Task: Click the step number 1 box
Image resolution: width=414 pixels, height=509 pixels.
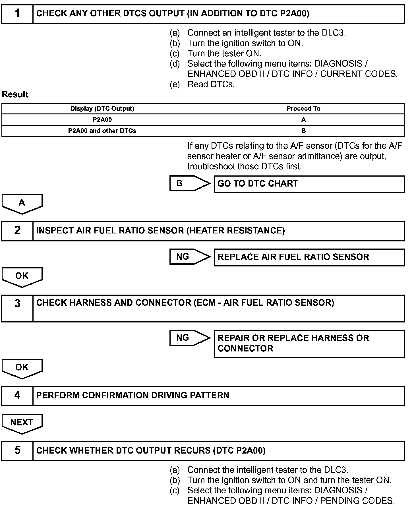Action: pos(17,14)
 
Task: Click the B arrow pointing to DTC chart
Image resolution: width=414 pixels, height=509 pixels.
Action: pos(189,183)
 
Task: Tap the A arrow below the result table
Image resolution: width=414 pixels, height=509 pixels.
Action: pos(22,203)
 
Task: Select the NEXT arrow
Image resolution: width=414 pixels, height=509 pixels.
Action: pos(22,423)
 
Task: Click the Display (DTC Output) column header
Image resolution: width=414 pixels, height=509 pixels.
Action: pos(102,109)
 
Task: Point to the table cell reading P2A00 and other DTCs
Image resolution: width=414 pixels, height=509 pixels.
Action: pos(102,131)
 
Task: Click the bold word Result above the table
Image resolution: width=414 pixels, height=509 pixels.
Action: pos(15,94)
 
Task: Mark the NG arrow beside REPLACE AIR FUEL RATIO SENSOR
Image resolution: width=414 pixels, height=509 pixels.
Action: pos(189,257)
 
